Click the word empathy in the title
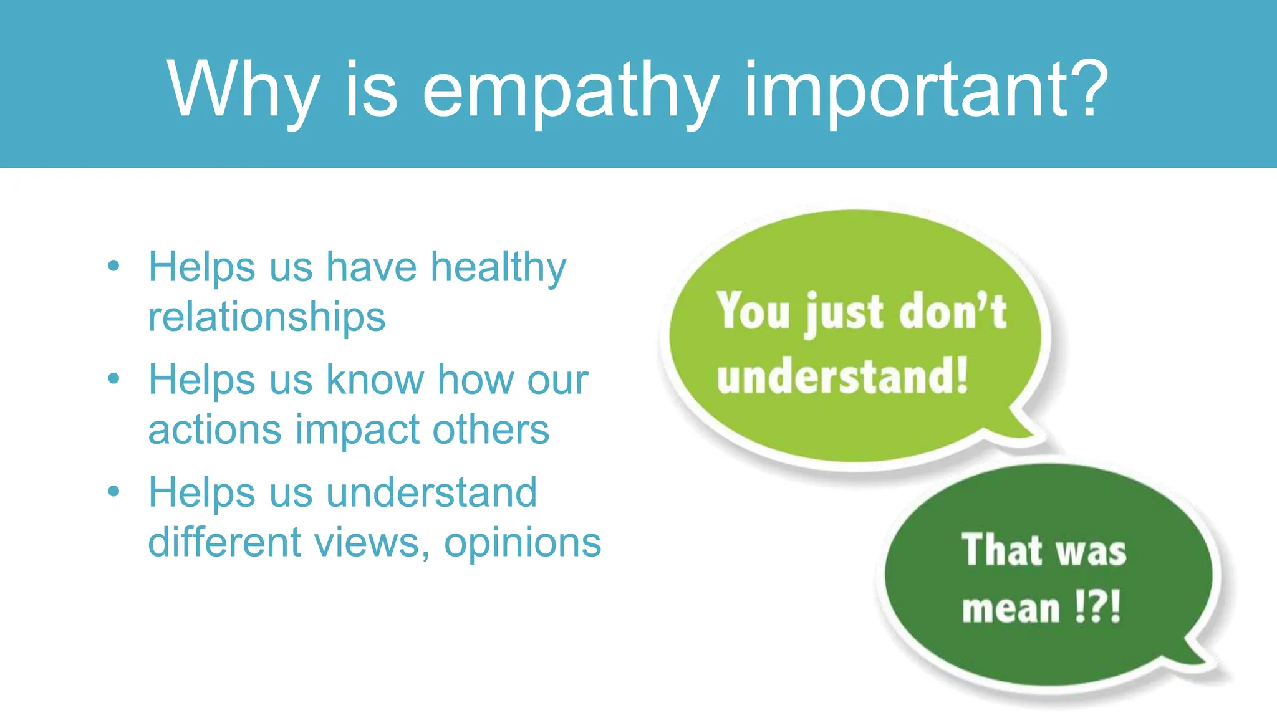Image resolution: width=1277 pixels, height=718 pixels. (x=571, y=90)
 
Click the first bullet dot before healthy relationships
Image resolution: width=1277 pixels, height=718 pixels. (x=113, y=266)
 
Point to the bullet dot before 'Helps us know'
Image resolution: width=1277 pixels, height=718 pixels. (x=113, y=378)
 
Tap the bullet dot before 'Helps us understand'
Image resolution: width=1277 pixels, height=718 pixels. (x=113, y=491)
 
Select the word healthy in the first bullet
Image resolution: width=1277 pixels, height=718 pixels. (x=498, y=268)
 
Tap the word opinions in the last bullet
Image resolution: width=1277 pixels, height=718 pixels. (x=523, y=543)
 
